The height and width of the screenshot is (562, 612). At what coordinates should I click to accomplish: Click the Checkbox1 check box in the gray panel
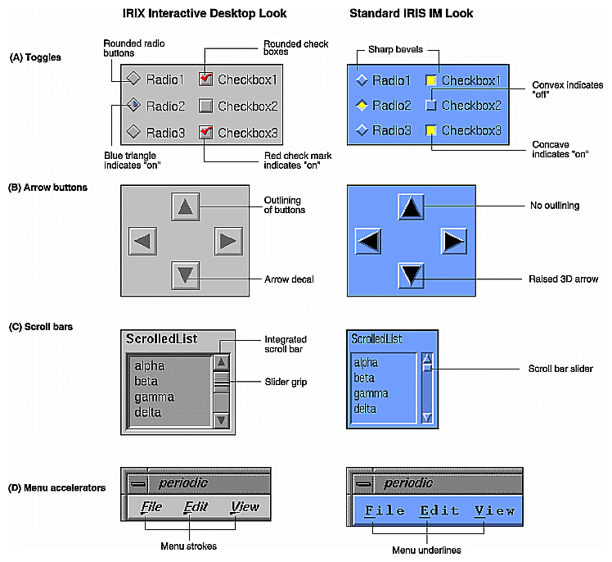point(206,79)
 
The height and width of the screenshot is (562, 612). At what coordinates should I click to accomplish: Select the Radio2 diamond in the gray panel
point(134,106)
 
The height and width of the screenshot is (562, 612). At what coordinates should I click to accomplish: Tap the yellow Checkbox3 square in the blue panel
point(430,131)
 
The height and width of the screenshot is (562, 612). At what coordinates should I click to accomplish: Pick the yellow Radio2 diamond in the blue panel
point(362,106)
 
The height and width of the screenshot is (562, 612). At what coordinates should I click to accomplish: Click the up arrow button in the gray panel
point(186,206)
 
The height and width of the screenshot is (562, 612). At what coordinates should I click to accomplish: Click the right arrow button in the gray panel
point(228,241)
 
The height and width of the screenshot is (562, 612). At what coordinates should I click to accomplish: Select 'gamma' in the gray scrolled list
point(155,397)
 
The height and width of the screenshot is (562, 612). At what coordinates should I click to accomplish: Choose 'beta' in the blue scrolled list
point(365,378)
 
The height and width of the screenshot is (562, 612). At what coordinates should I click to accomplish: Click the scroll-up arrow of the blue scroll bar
point(426,357)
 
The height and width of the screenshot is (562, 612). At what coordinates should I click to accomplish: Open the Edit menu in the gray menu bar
point(196,507)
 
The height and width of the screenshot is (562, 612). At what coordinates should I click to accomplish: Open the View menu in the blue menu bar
point(495,510)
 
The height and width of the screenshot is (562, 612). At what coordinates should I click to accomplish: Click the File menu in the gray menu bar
point(151,507)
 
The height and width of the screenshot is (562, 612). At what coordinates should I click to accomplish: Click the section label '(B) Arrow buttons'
point(48,188)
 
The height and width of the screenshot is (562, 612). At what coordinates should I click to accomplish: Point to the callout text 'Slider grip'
point(286,383)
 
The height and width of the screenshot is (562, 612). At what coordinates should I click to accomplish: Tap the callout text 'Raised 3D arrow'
point(564,279)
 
